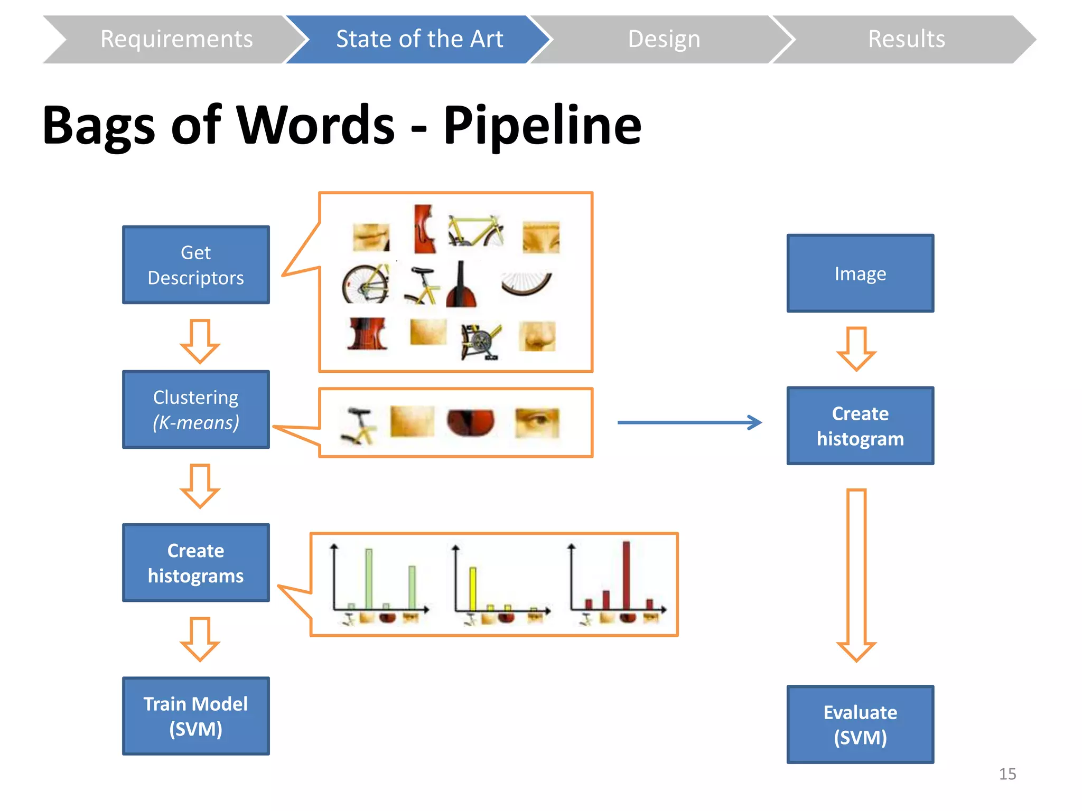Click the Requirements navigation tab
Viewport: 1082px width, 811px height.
[x=176, y=40]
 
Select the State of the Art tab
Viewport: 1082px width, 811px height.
[x=419, y=40]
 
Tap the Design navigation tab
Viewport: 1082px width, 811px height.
[x=664, y=40]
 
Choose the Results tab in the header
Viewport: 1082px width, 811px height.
[x=906, y=40]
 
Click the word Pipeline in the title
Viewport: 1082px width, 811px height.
[x=542, y=126]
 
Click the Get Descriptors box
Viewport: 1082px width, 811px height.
[x=195, y=265]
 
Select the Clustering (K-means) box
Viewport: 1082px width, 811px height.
[x=195, y=410]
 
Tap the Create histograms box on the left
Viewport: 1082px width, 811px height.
[x=195, y=563]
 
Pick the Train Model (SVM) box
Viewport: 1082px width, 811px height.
[x=195, y=716]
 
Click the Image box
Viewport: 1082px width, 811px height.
[x=860, y=274]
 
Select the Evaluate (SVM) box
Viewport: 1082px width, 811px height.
[x=860, y=724]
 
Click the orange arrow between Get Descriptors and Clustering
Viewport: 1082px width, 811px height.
[x=200, y=341]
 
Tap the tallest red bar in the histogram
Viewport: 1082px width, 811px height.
[x=626, y=576]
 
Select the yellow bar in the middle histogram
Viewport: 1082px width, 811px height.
[x=473, y=589]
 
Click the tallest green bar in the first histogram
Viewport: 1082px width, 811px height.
[x=369, y=579]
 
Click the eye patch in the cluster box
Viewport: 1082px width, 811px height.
[x=537, y=422]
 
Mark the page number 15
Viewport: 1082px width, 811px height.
[x=1007, y=774]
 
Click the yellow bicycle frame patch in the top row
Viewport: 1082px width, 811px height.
[x=475, y=231]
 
